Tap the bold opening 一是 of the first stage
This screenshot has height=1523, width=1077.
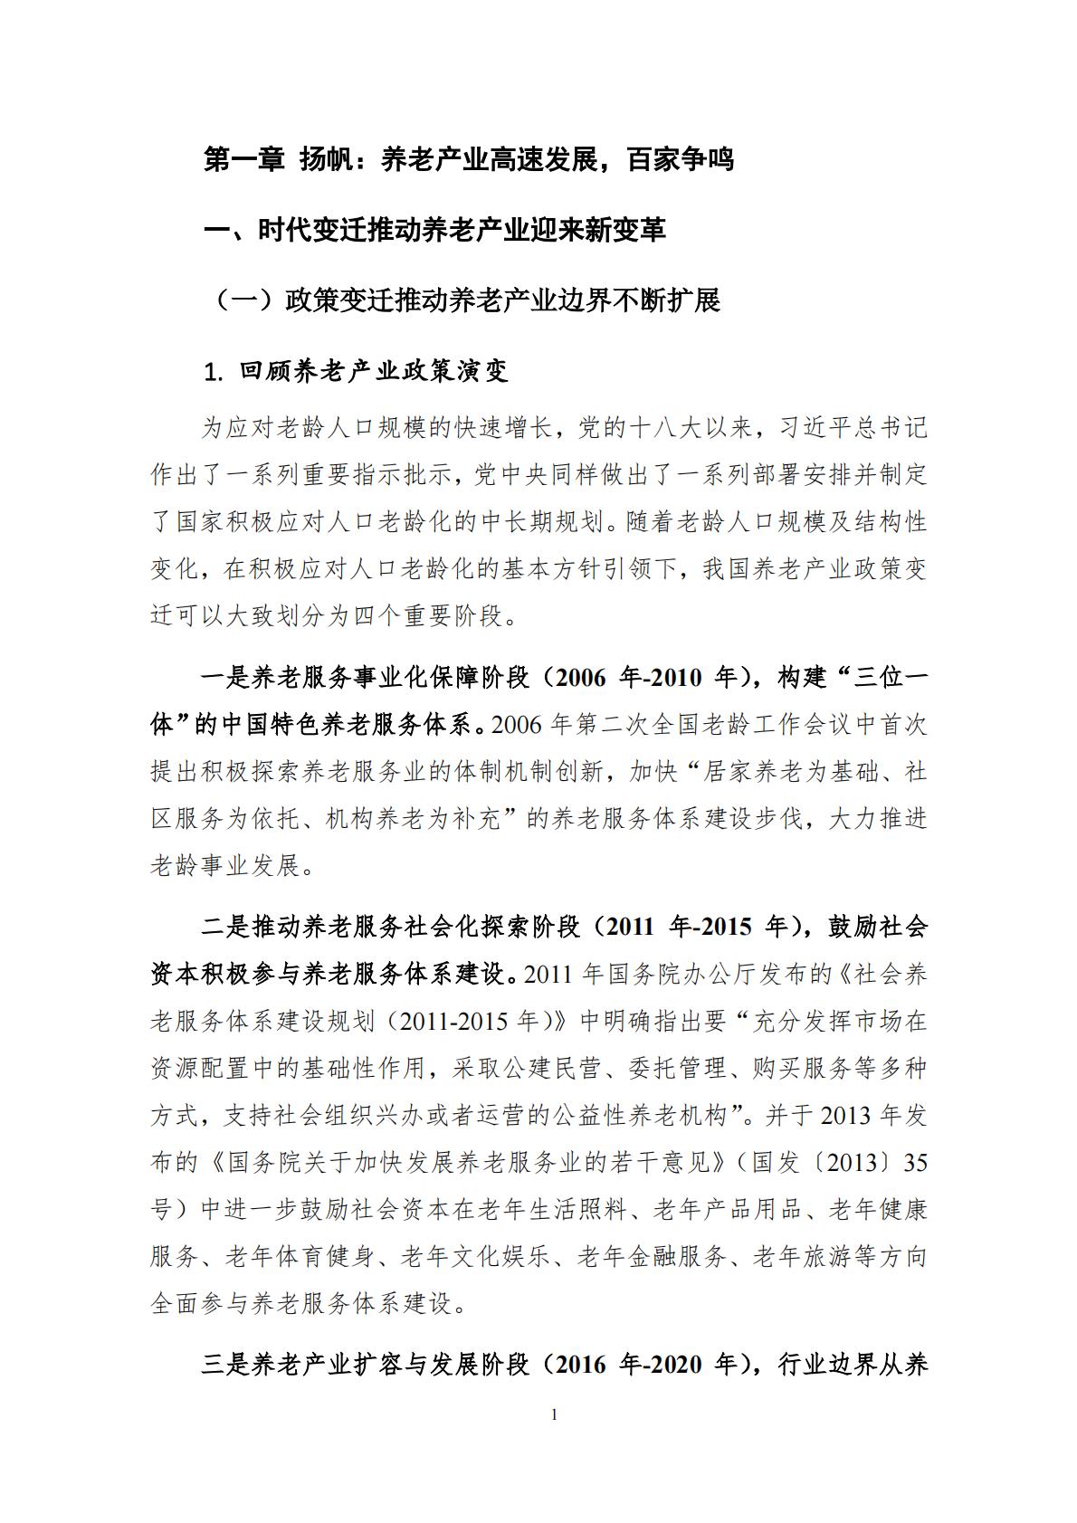click(x=224, y=678)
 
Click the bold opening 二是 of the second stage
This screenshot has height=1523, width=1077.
click(x=224, y=928)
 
